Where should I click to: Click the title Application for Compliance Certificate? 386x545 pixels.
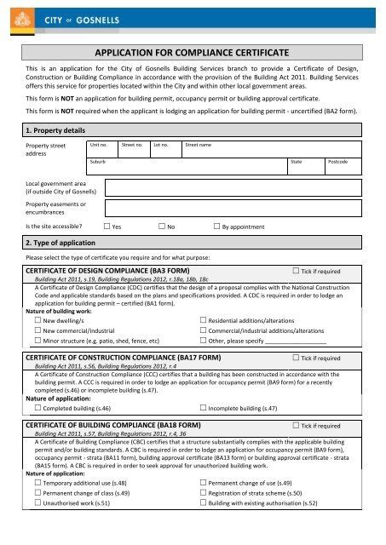192,53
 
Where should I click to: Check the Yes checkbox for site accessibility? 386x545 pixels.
107,228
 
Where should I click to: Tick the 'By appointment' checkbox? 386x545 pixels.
216,228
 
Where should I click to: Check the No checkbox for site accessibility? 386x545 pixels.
162,228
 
